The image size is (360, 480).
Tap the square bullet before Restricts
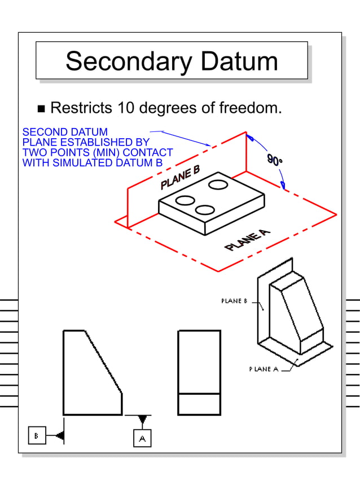[41, 108]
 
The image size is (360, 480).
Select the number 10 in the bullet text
[128, 107]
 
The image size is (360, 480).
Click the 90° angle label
[275, 161]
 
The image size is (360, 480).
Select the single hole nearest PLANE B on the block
[218, 184]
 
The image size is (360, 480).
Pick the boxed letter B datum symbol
[37, 435]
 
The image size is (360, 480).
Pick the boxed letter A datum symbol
[142, 438]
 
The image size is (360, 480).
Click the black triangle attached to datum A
[142, 420]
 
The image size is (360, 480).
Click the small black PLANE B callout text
[234, 301]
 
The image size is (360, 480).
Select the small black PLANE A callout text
[264, 369]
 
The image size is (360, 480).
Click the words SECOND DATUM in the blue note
[65, 133]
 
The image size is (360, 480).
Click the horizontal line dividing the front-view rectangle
[199, 393]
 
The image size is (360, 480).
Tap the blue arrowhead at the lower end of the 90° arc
[283, 183]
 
